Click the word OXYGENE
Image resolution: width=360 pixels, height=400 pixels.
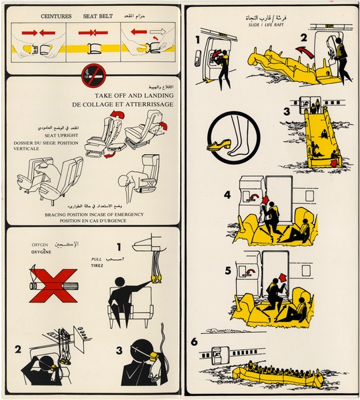(x=41, y=253)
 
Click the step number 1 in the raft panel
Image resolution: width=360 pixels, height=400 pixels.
(x=198, y=39)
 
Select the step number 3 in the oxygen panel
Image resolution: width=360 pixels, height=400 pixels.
(x=118, y=347)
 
